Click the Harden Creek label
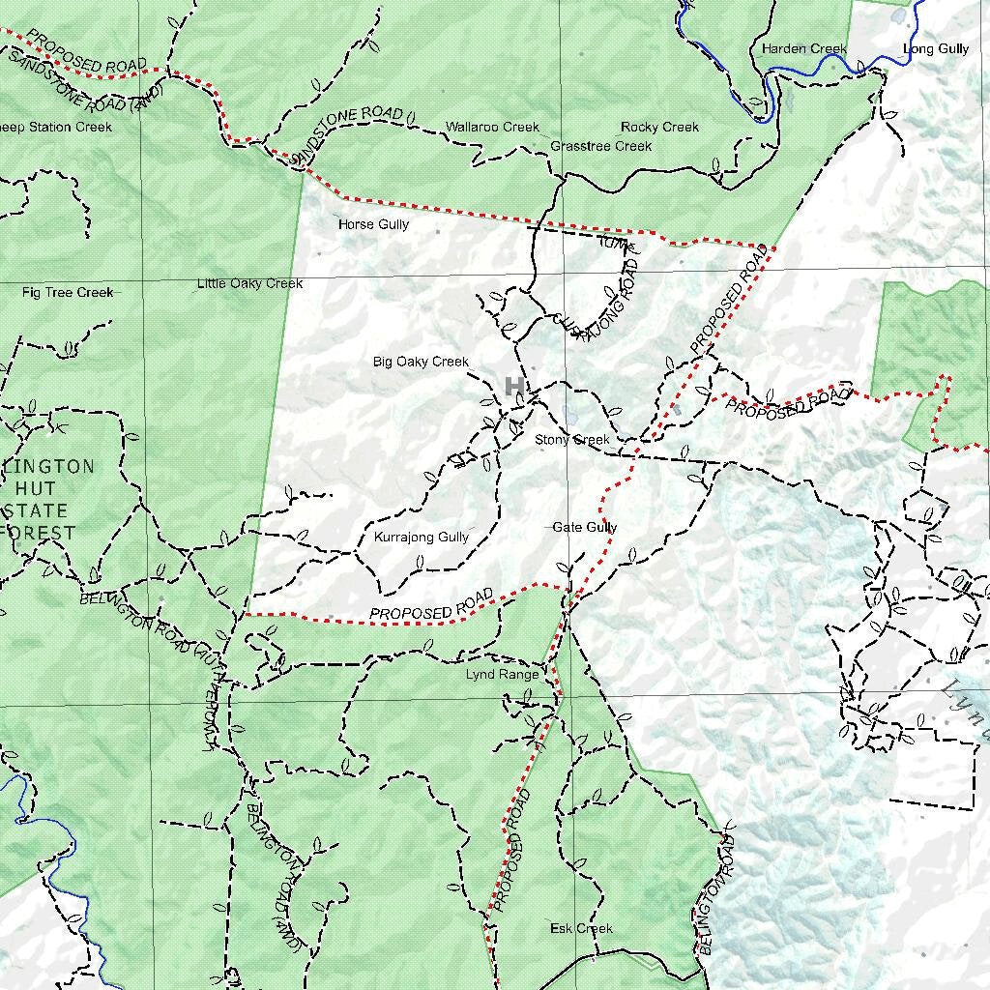click(x=803, y=48)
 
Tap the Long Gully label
click(x=935, y=48)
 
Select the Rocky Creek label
click(x=659, y=127)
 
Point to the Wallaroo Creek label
click(x=492, y=127)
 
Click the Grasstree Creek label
click(x=600, y=146)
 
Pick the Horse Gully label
click(x=373, y=224)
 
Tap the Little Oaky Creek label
click(x=249, y=283)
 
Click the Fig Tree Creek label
click(x=68, y=292)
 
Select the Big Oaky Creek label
click(x=421, y=362)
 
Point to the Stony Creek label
click(x=572, y=440)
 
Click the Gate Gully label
click(x=585, y=527)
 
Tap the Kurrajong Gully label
click(x=421, y=537)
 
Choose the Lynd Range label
click(x=502, y=674)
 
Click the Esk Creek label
click(x=581, y=928)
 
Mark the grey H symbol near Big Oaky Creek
click(x=514, y=387)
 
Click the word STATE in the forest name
click(x=36, y=510)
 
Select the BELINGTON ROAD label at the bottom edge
click(x=717, y=894)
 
